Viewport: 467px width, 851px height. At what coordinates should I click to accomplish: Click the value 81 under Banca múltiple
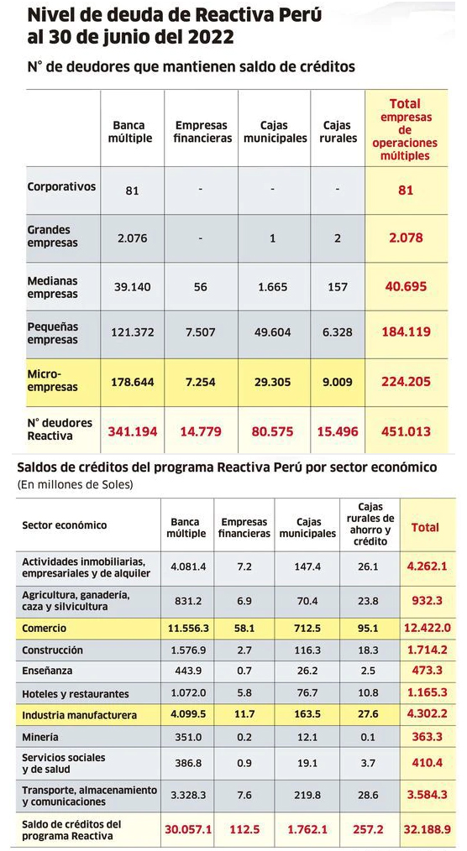coord(133,191)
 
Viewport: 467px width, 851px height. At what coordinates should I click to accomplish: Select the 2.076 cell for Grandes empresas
coord(133,238)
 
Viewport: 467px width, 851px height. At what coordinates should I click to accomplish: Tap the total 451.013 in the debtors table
coord(407,431)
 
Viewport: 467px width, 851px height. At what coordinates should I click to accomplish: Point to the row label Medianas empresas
coord(53,288)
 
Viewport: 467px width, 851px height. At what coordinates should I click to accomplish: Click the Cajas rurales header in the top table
coord(338,132)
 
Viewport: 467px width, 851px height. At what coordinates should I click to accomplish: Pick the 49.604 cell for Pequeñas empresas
coord(273,332)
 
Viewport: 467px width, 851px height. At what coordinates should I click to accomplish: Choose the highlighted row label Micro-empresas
coord(53,381)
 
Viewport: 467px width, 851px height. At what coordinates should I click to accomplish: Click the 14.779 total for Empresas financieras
coord(201,431)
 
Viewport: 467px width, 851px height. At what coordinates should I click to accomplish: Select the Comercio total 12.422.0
coord(428,628)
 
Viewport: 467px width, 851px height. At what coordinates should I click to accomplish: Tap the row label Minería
coord(40,738)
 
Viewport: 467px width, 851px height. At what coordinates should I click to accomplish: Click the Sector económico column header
coord(65,525)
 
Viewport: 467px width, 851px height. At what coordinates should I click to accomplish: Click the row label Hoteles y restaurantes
coord(76,693)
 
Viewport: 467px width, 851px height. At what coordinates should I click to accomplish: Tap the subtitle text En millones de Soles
coord(76,484)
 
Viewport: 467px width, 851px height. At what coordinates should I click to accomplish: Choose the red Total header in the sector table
coord(425,527)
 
